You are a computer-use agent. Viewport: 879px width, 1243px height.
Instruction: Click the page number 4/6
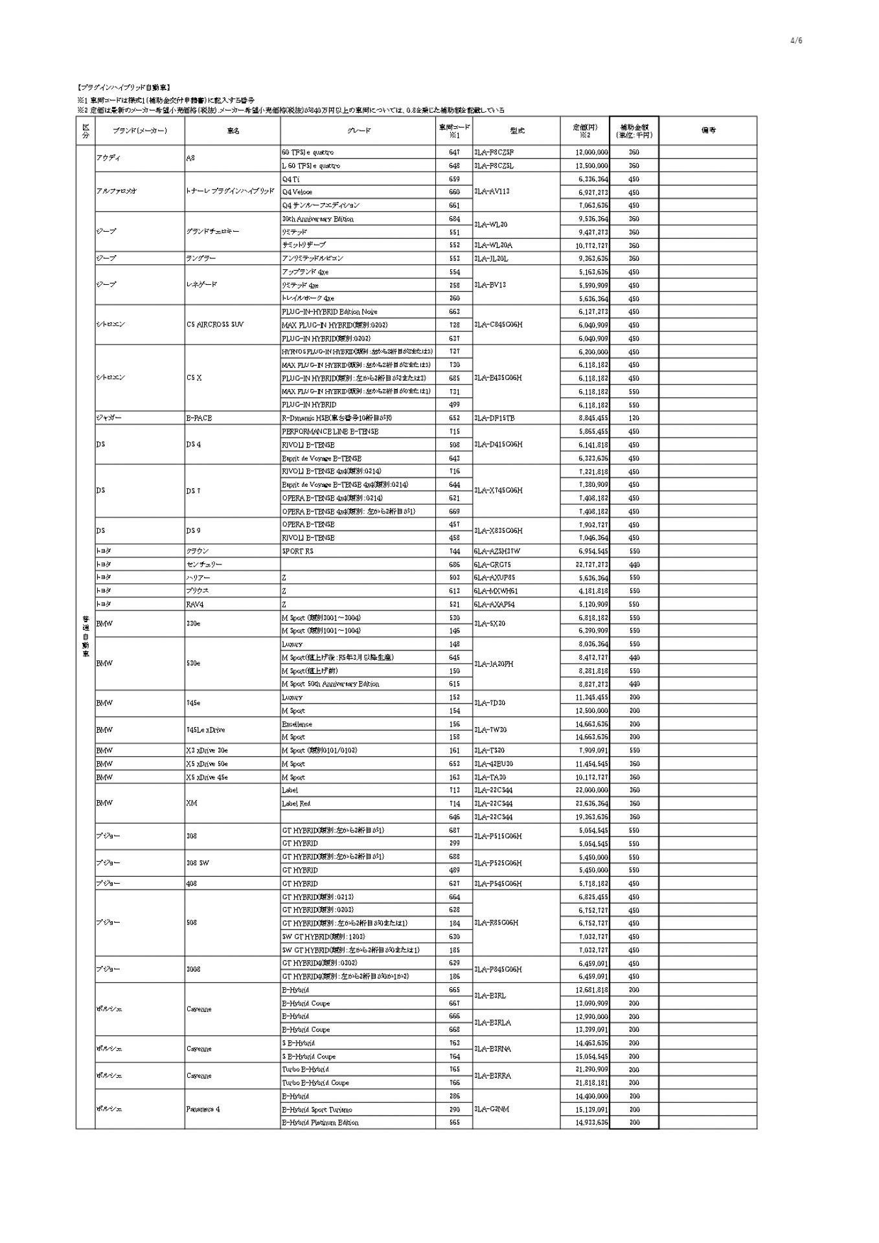point(796,41)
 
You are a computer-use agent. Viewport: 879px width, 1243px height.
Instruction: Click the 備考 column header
point(707,130)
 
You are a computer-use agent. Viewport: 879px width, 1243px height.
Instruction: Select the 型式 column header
point(516,130)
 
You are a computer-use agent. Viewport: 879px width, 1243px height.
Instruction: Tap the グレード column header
point(358,130)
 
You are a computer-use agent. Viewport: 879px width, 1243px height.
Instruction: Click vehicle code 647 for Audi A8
point(454,152)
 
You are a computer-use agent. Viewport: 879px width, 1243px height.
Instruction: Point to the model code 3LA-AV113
point(492,192)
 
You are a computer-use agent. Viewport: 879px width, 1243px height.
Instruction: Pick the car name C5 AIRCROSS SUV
point(214,325)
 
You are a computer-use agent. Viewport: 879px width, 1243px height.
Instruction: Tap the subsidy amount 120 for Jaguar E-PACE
point(634,418)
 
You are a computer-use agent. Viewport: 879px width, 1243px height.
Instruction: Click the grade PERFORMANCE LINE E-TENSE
point(330,431)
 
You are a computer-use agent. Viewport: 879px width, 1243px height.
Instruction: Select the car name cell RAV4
point(195,604)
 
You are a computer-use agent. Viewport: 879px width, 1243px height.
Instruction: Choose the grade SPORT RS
point(297,551)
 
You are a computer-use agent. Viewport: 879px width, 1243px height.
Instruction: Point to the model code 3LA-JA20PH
point(496,664)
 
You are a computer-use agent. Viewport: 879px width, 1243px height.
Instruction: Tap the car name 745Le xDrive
point(205,730)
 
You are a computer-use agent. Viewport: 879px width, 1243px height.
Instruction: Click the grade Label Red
point(296,803)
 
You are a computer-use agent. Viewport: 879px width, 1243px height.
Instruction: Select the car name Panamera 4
point(203,1109)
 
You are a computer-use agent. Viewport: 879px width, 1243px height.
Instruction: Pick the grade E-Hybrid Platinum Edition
point(320,1123)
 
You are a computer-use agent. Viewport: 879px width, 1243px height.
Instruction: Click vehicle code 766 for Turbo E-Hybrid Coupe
point(454,1082)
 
